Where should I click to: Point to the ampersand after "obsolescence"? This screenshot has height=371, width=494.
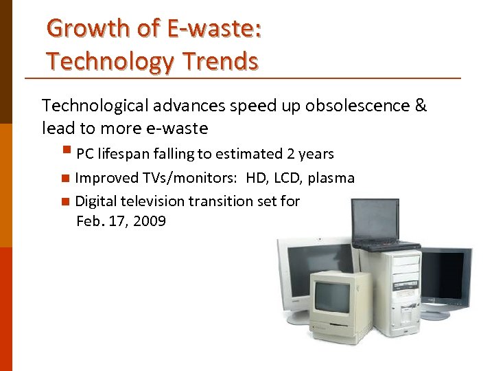tap(420, 106)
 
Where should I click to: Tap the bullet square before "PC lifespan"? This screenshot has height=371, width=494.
tap(66, 150)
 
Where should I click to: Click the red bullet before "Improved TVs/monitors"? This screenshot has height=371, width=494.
tap(64, 179)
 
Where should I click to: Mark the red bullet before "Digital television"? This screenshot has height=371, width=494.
tap(64, 201)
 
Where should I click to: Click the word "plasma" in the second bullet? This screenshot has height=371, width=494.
tap(331, 178)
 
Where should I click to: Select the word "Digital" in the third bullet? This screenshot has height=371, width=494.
tap(96, 201)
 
